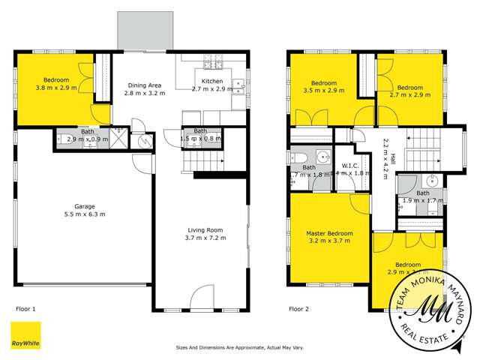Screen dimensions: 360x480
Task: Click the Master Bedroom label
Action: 329,234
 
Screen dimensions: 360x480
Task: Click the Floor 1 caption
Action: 26,308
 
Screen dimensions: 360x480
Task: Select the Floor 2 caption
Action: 301,308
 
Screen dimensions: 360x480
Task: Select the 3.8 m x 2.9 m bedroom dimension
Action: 55,88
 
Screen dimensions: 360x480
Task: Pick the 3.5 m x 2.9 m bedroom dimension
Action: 324,91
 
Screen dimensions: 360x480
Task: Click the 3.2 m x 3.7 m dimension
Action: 329,242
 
